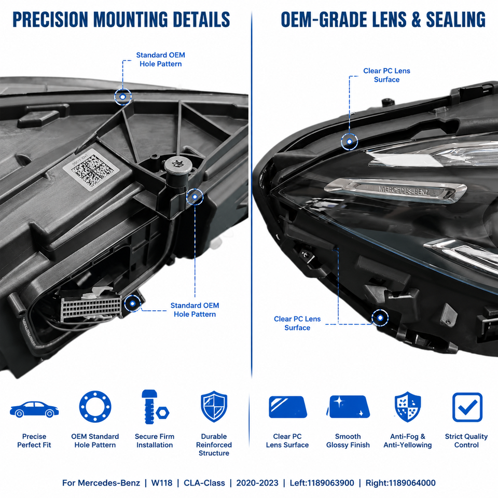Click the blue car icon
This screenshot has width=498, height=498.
click(x=34, y=409)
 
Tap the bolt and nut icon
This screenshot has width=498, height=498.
click(x=155, y=407)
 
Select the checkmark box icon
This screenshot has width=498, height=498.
click(x=467, y=408)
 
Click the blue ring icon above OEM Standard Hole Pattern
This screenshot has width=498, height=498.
click(x=95, y=407)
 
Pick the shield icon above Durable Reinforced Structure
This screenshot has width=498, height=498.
click(x=214, y=407)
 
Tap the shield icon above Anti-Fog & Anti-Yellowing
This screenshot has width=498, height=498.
click(x=408, y=407)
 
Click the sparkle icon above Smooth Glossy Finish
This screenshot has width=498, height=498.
click(x=348, y=407)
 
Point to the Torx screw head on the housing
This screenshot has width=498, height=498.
click(x=176, y=165)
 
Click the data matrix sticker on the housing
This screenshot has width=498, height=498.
click(x=91, y=170)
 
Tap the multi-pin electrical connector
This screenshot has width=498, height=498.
click(x=91, y=307)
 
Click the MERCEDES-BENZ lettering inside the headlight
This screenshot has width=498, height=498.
click(x=404, y=190)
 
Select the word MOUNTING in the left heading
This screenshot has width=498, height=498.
click(x=131, y=19)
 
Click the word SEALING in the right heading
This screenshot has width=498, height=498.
click(x=456, y=19)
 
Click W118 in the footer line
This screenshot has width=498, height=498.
click(x=162, y=483)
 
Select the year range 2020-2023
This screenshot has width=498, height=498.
click(x=257, y=483)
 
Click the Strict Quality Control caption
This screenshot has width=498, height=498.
click(x=466, y=441)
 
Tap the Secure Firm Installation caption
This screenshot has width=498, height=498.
click(x=155, y=441)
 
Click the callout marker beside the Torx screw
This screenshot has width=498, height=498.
click(x=195, y=197)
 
